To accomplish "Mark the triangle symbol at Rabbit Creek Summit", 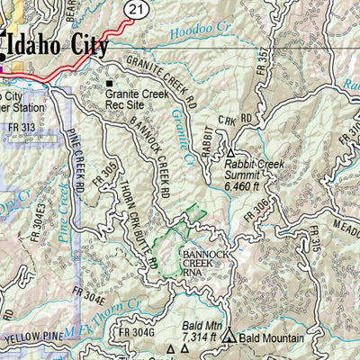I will (x=229, y=153).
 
